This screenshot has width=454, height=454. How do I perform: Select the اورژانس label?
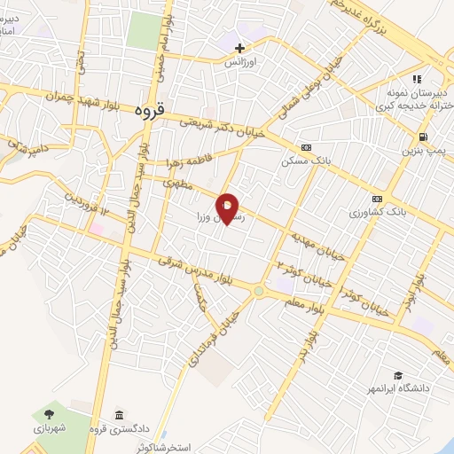pos(240,63)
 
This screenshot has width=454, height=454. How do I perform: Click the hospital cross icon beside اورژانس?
pos(240,46)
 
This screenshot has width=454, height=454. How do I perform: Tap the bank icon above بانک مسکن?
pos(307,147)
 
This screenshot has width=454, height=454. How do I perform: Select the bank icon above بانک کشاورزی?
pos(378,198)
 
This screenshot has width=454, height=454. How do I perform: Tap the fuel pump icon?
pos(422,137)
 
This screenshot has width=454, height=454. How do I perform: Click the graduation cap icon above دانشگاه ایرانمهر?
pos(399,375)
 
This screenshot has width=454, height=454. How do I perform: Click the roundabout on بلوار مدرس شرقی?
pos(259,290)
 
